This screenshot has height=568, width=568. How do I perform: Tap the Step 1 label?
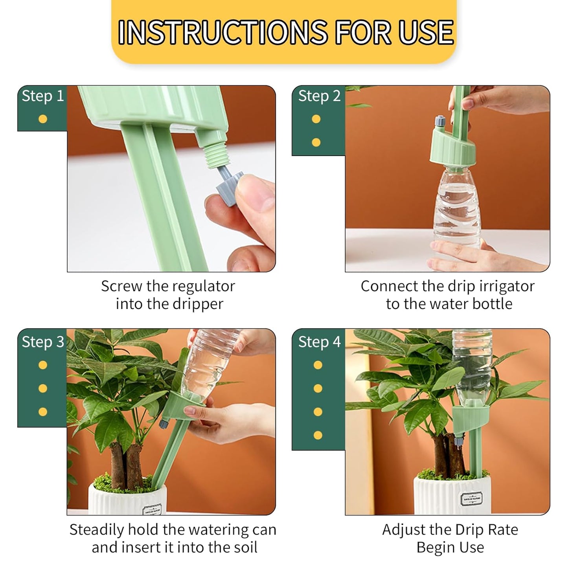[x=42, y=96]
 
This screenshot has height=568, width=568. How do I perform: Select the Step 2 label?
[x=319, y=96]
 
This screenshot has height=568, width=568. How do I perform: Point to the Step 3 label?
[x=42, y=342]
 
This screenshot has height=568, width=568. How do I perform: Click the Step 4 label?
[x=319, y=342]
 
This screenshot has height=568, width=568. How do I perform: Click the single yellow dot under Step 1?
[x=43, y=119]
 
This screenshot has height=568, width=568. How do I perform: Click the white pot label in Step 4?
[x=472, y=500]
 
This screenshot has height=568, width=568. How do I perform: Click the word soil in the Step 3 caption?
[x=243, y=547]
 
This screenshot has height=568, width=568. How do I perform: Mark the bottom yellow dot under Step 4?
[x=318, y=435]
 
